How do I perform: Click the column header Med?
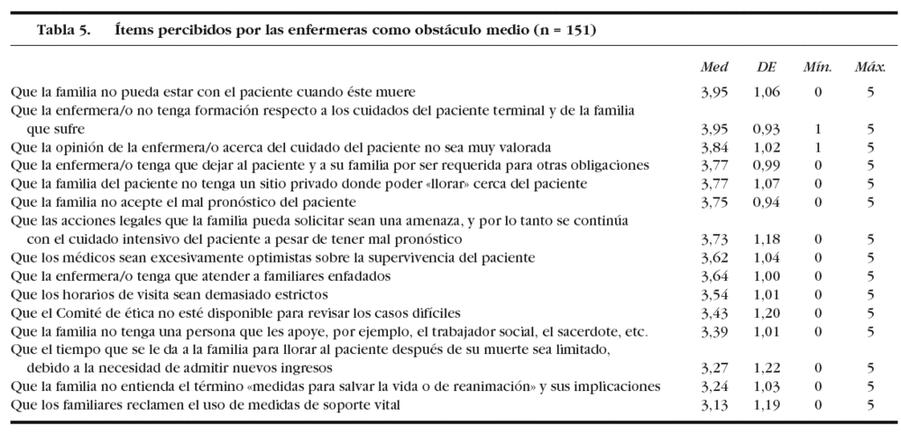[714, 68]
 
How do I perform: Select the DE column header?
[766, 68]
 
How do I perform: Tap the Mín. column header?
[817, 68]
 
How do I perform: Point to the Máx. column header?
[869, 68]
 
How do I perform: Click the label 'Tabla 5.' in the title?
[63, 30]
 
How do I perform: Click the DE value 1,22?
[766, 368]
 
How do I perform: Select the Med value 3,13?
[714, 405]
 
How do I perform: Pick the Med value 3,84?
[714, 146]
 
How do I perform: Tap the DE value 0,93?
[766, 128]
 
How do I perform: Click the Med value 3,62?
[714, 257]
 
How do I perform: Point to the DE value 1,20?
[766, 313]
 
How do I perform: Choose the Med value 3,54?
[714, 294]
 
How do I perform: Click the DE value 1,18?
[766, 239]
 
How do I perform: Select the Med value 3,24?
[714, 387]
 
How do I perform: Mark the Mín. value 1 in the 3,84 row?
[817, 146]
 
